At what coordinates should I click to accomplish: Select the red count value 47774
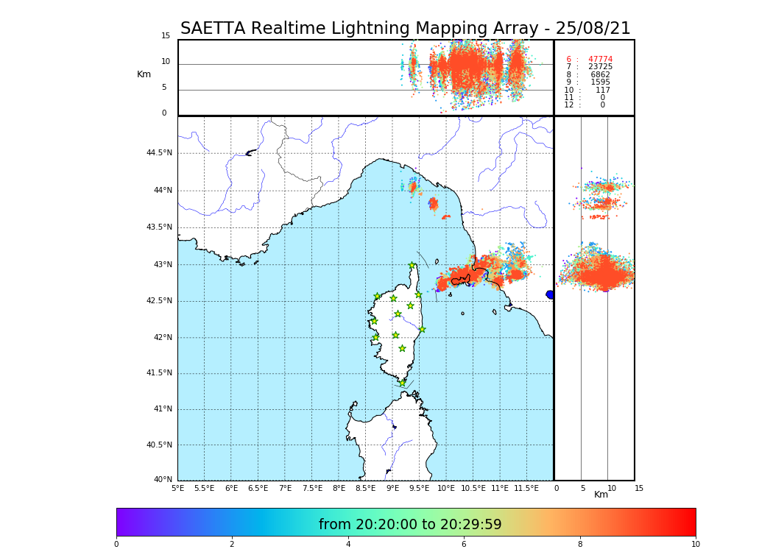tap(600, 60)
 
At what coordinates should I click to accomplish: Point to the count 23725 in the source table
tap(600, 67)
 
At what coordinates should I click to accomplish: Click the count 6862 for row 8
tap(600, 75)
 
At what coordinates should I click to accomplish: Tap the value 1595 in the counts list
tap(600, 82)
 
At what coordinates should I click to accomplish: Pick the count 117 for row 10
tap(603, 91)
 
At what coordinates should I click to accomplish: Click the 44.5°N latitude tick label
tap(159, 153)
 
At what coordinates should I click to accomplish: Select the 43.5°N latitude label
tap(159, 227)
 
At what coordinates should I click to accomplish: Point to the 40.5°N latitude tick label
tap(159, 445)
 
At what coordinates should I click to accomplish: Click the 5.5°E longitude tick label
tap(204, 488)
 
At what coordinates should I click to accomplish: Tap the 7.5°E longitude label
tap(312, 488)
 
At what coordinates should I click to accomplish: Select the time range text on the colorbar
tap(410, 525)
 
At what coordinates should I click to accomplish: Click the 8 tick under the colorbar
tap(579, 545)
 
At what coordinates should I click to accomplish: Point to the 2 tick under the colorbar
tap(232, 545)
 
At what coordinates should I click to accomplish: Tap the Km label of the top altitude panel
tap(144, 74)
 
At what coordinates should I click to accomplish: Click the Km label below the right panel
tap(601, 495)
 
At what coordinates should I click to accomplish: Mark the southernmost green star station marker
tap(402, 383)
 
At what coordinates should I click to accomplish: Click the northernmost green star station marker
tap(412, 266)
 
